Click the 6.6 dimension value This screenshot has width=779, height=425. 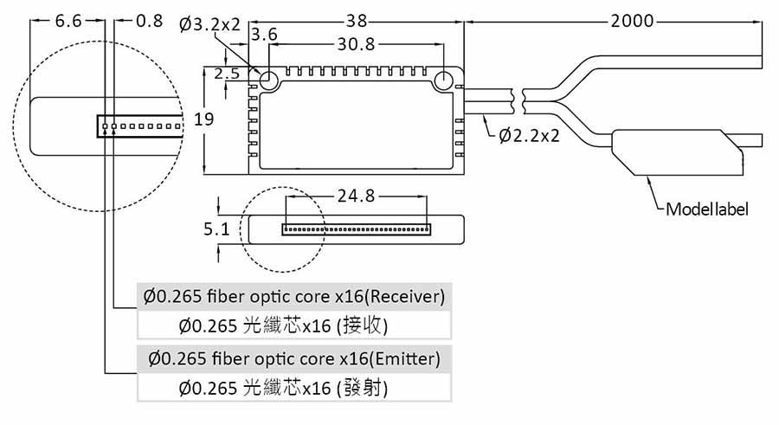pos(68,21)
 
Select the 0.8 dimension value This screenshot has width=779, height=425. pos(150,21)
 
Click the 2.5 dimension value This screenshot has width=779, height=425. pos(226,74)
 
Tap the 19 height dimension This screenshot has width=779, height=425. pos(204,119)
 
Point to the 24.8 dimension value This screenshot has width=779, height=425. pos(356,196)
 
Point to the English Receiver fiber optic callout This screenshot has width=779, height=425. pos(294,297)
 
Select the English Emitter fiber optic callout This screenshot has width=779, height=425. pos(294,357)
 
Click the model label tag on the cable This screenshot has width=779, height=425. pos(675,154)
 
